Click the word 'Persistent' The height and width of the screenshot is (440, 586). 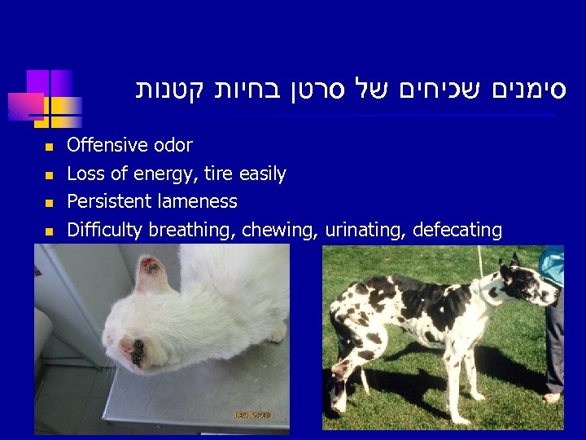(x=106, y=201)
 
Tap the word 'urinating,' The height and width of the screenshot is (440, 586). (x=366, y=231)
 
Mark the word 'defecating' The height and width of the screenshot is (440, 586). (x=457, y=231)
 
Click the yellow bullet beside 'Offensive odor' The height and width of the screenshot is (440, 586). (x=49, y=147)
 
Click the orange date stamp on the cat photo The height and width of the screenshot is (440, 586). (x=255, y=416)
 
